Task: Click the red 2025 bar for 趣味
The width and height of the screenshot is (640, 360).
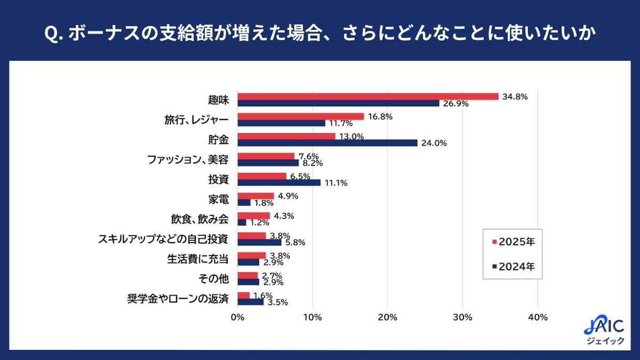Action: click(x=367, y=97)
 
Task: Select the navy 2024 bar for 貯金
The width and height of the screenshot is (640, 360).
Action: click(x=327, y=143)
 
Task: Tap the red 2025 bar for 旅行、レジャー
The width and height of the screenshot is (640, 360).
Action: click(x=300, y=116)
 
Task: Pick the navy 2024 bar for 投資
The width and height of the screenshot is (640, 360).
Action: click(x=279, y=182)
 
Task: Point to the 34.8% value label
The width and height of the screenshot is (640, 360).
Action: click(x=515, y=97)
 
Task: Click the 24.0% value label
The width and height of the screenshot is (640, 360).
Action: click(x=434, y=143)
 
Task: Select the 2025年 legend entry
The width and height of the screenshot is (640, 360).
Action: click(x=513, y=242)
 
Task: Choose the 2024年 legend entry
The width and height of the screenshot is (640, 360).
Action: click(x=513, y=266)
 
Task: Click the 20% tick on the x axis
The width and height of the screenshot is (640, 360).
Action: click(x=387, y=317)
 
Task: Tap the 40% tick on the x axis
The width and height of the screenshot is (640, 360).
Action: click(x=538, y=317)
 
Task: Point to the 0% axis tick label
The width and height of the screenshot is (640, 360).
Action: click(x=237, y=317)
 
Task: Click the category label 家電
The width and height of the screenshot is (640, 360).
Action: click(x=219, y=199)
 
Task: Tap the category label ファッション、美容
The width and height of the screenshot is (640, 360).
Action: click(x=188, y=159)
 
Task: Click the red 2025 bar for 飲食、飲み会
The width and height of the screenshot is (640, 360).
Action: click(x=253, y=215)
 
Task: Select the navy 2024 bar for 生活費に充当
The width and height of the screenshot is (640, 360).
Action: click(x=248, y=262)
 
